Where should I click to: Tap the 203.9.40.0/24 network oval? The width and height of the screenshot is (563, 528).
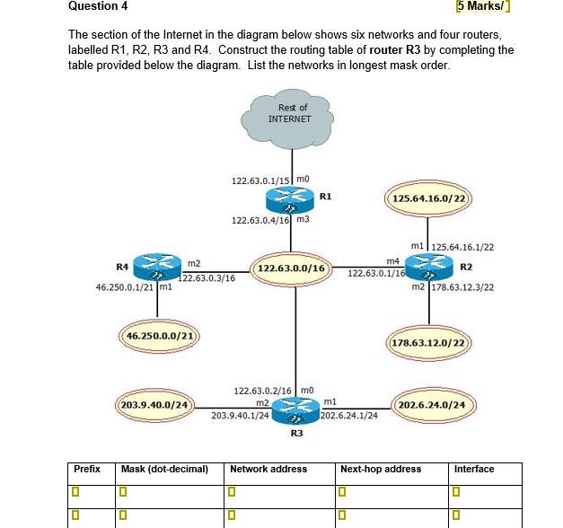coord(158,405)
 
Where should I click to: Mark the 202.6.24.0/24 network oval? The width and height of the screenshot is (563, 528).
coord(432,405)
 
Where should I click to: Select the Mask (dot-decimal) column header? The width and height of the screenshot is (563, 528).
coord(164,469)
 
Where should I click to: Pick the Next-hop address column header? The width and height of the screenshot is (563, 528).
coord(381,469)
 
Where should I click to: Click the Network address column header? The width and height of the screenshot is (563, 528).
coord(268,469)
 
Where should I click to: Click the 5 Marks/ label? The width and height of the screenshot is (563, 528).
coord(485,7)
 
